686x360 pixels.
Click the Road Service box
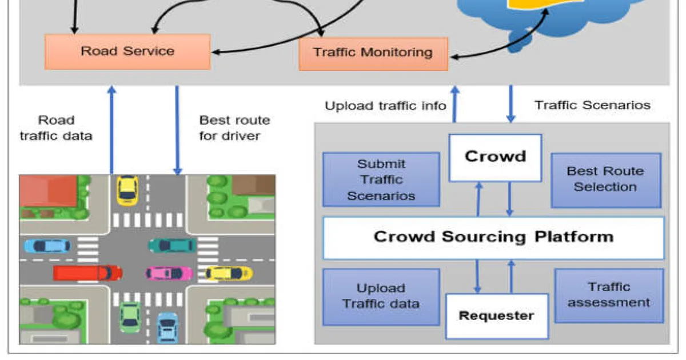click(x=127, y=52)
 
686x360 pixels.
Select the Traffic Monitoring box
click(x=373, y=54)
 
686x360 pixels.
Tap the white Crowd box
click(x=495, y=158)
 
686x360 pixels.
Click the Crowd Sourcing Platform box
click(x=494, y=238)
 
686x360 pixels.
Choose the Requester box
click(x=497, y=316)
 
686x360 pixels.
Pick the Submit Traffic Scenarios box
click(x=381, y=179)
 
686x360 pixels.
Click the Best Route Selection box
click(x=606, y=181)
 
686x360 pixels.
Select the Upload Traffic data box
click(x=381, y=297)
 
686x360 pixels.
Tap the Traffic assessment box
click(x=609, y=295)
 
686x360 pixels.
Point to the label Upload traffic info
click(x=385, y=106)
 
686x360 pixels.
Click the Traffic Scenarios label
click(x=593, y=105)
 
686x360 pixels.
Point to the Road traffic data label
click(x=56, y=128)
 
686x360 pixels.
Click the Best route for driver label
click(x=234, y=128)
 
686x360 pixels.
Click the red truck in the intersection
click(x=87, y=273)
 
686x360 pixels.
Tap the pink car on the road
click(x=169, y=273)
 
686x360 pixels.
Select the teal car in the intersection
click(x=172, y=246)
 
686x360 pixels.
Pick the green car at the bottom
click(x=130, y=318)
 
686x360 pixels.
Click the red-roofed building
click(x=49, y=191)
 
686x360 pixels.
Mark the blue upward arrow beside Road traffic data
click(x=112, y=130)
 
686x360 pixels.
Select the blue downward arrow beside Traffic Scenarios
click(x=510, y=104)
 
